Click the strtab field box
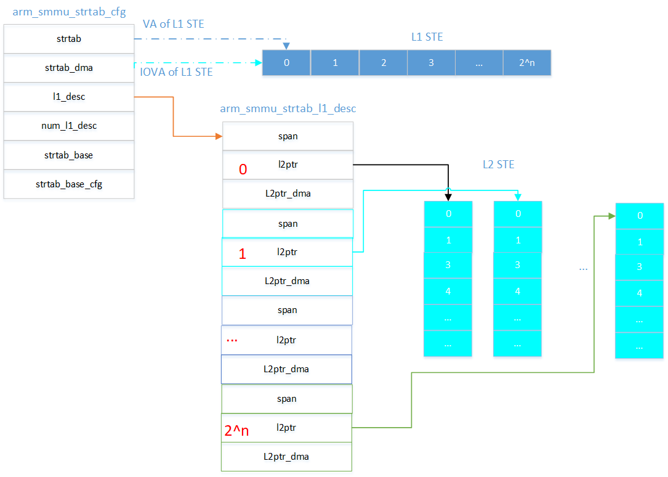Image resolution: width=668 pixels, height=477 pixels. pyautogui.click(x=68, y=39)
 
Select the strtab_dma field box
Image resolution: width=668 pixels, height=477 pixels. pyautogui.click(x=68, y=68)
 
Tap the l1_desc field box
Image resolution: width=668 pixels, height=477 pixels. pyautogui.click(x=68, y=97)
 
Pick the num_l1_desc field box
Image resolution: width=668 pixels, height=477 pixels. pyautogui.click(x=68, y=126)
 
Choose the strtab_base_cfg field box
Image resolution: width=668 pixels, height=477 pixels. pyautogui.click(x=68, y=184)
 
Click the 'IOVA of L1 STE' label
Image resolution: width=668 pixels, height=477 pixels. pyautogui.click(x=177, y=72)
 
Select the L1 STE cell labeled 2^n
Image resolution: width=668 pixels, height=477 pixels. pyautogui.click(x=526, y=63)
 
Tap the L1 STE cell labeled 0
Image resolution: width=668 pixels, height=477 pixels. pyautogui.click(x=286, y=63)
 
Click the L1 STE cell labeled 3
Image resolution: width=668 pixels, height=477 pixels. pyautogui.click(x=431, y=63)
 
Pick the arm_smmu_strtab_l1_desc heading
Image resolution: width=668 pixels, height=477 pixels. pyautogui.click(x=288, y=109)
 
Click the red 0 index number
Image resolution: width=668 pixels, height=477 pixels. pyautogui.click(x=243, y=170)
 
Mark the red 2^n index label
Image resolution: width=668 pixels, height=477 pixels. pyautogui.click(x=236, y=431)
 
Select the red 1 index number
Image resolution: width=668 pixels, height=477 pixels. pyautogui.click(x=242, y=254)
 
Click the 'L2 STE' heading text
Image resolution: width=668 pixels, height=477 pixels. pyautogui.click(x=498, y=165)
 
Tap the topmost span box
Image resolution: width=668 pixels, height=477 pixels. pyautogui.click(x=288, y=136)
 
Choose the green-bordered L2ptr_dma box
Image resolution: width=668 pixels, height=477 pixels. pyautogui.click(x=286, y=457)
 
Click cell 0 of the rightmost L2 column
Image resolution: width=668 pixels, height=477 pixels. pyautogui.click(x=640, y=216)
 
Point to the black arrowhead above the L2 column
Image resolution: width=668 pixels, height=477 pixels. pyautogui.click(x=448, y=197)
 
